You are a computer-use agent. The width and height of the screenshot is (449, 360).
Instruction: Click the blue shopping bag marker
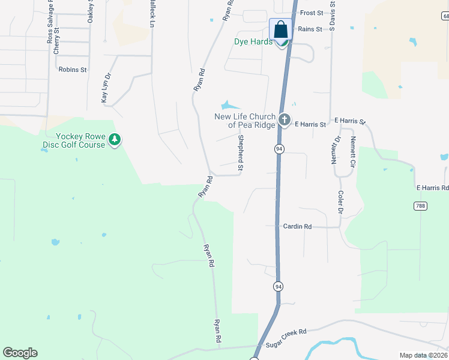280,29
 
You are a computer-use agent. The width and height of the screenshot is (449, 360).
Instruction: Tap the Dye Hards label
253,42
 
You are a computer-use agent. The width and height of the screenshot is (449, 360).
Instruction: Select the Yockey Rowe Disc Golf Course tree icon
114,140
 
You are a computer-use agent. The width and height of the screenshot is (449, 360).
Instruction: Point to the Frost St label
312,13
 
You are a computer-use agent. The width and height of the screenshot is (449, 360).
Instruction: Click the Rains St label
310,29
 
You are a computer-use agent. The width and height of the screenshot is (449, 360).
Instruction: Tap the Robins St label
73,70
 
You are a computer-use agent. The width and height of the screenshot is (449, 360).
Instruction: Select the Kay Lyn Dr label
106,88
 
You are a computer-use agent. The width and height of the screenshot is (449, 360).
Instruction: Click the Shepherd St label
240,154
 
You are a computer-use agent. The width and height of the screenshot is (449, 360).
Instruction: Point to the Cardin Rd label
297,227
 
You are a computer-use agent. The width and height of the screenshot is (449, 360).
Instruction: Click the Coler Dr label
340,203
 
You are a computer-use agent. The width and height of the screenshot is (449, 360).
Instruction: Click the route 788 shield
420,206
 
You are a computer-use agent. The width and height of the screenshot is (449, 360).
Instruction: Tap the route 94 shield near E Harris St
279,148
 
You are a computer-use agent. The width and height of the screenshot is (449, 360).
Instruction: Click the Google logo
20,353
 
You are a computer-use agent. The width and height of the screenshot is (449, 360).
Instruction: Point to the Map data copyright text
423,355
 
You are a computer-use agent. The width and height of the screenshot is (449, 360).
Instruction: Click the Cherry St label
56,41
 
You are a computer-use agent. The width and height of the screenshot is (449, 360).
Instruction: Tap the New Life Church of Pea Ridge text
245,121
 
